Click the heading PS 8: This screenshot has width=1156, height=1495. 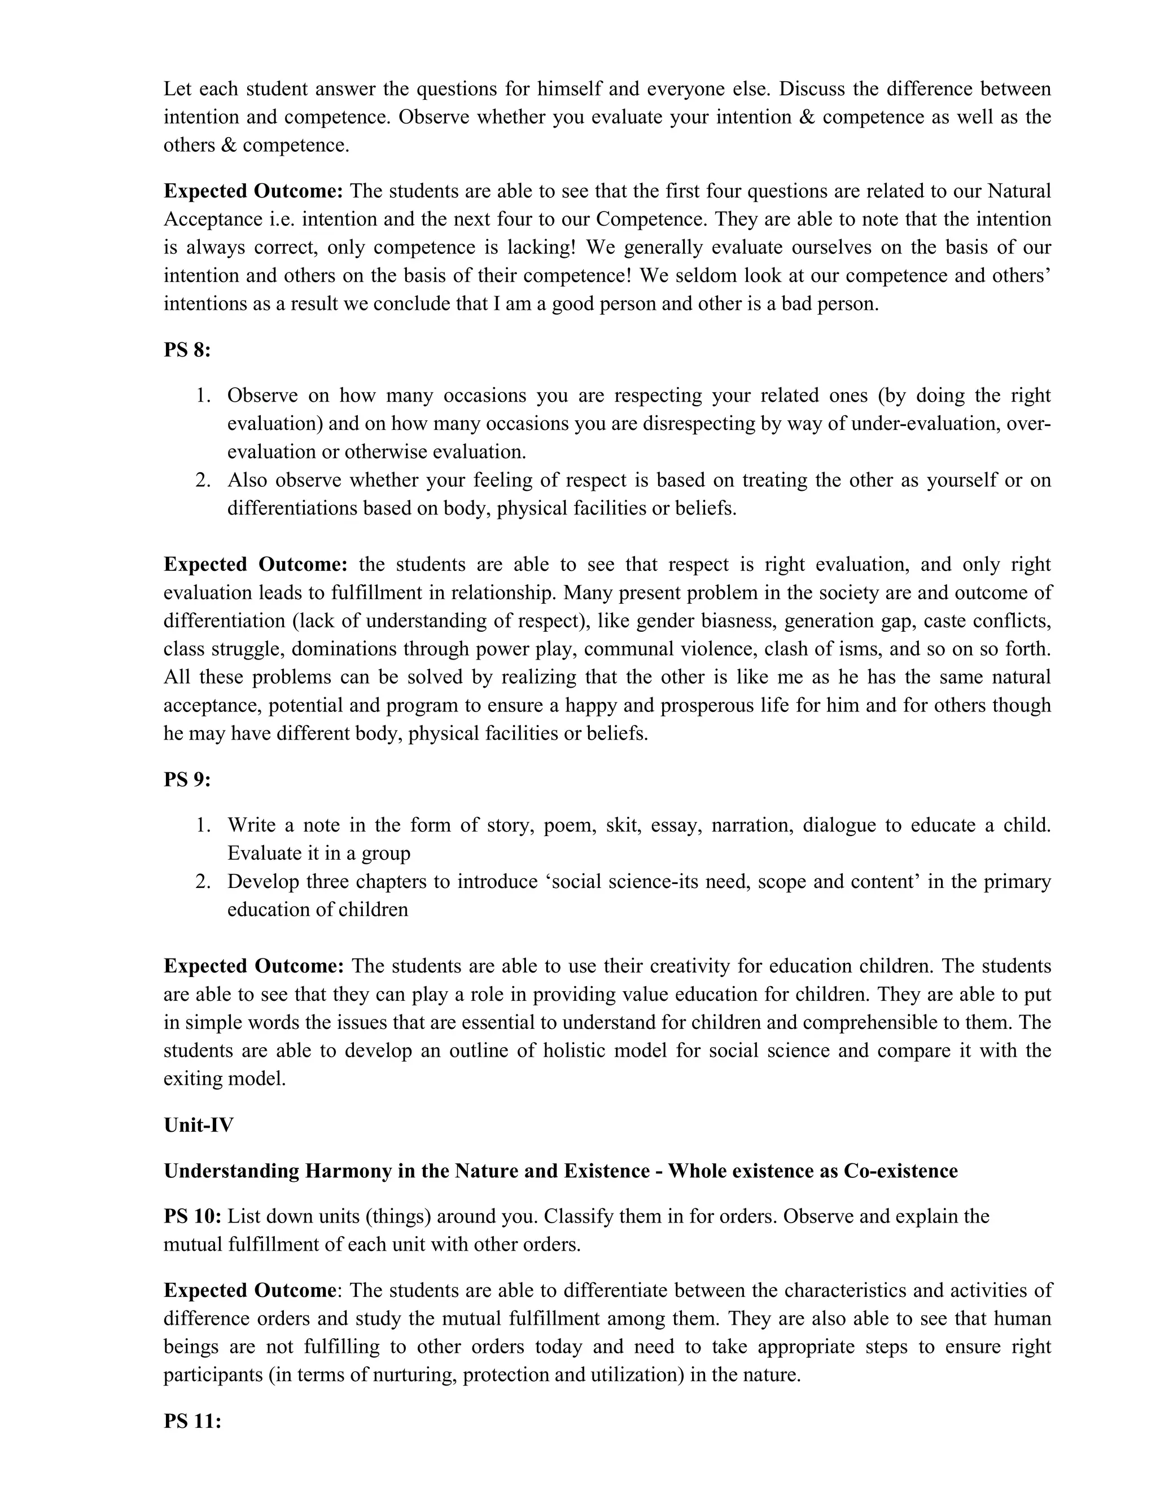pyautogui.click(x=186, y=350)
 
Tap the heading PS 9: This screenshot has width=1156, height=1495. pyautogui.click(x=186, y=779)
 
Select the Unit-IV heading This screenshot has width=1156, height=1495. pyautogui.click(x=199, y=1125)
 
